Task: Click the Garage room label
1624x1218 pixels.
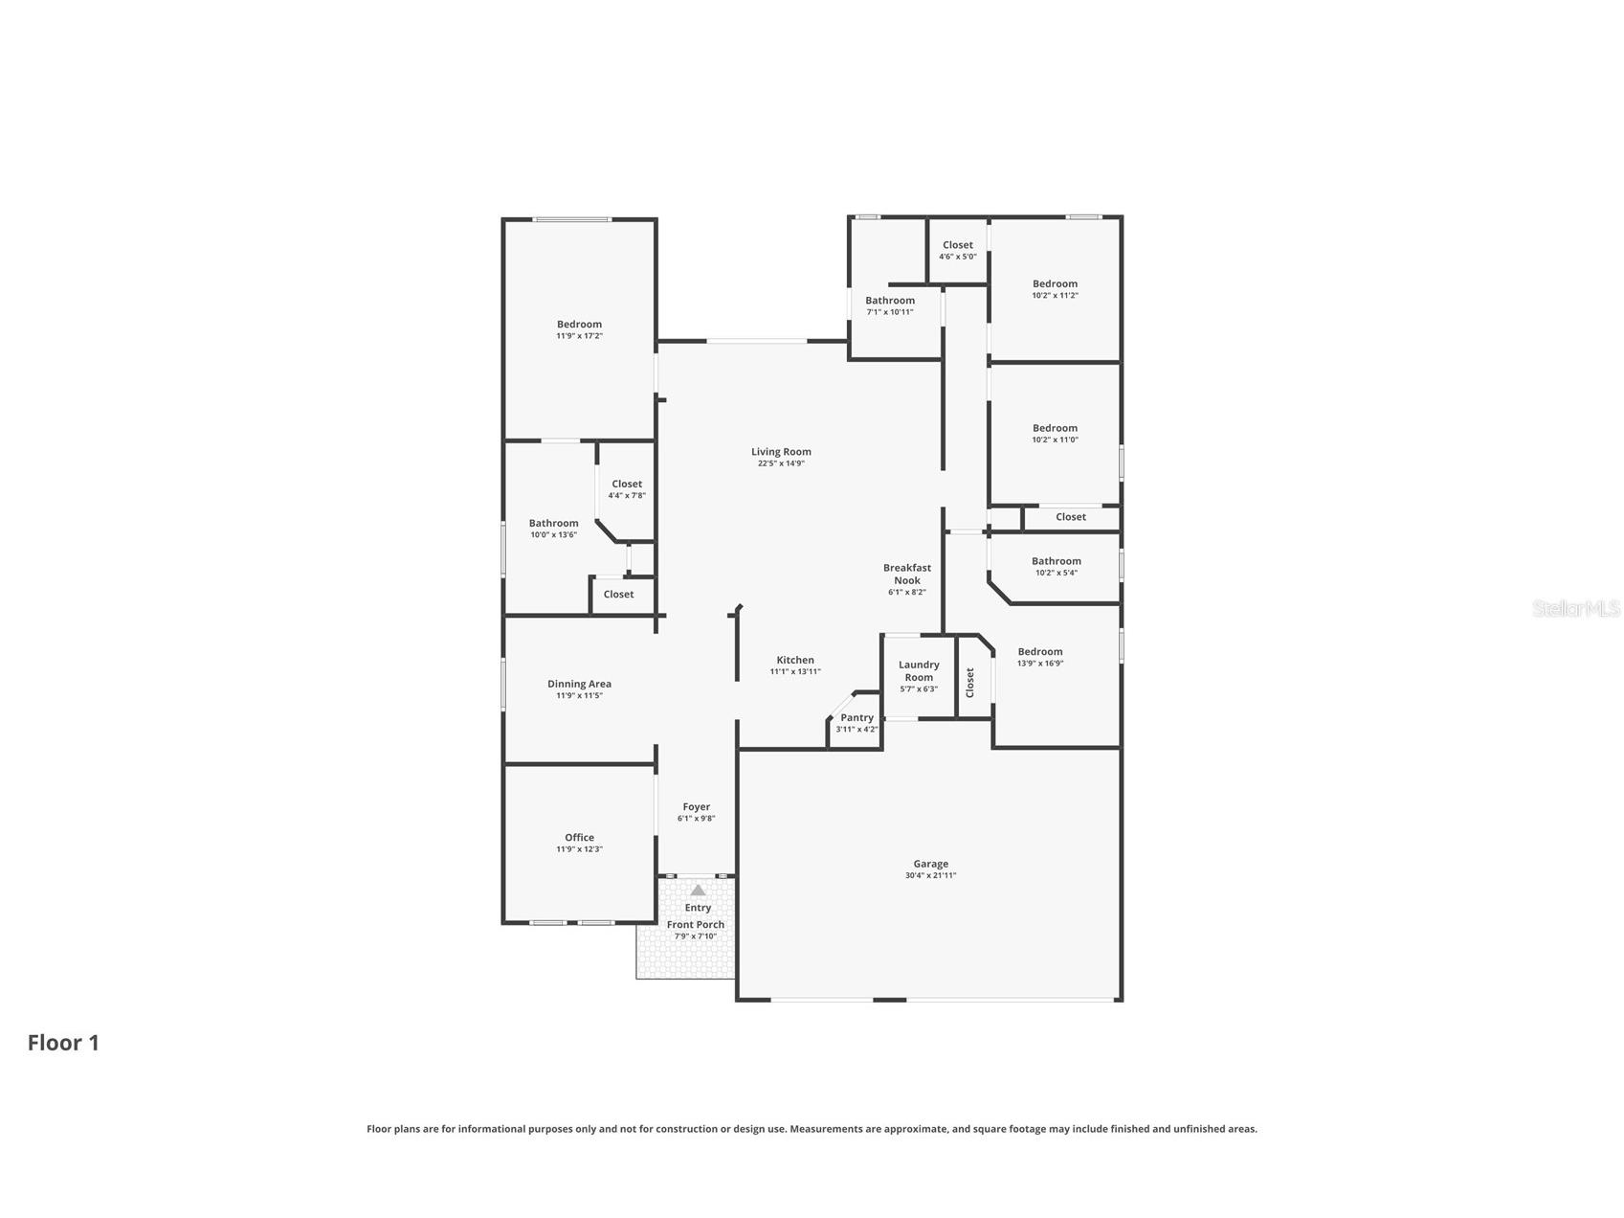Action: [930, 864]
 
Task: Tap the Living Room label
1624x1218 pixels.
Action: [781, 452]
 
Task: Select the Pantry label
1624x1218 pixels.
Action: [856, 718]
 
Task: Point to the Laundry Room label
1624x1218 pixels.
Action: [919, 671]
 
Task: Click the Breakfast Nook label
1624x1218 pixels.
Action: [907, 574]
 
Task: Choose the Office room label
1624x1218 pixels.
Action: [579, 838]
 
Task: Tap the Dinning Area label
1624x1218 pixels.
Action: [579, 684]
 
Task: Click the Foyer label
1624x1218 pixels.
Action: [696, 807]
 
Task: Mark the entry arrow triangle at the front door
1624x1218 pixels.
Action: [698, 891]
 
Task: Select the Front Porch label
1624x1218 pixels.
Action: [696, 925]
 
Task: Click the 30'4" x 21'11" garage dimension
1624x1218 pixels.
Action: [930, 876]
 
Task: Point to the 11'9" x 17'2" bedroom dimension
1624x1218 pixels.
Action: [579, 336]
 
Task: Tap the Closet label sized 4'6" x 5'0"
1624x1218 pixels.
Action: [957, 245]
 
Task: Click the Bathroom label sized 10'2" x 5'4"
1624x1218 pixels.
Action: [1056, 561]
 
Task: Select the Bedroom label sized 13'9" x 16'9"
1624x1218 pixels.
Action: [1040, 652]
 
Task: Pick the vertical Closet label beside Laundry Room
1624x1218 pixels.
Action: [969, 682]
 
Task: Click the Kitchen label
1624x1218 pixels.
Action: [794, 660]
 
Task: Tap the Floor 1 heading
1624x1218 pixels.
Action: [63, 1043]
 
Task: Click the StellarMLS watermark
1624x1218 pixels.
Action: [1576, 608]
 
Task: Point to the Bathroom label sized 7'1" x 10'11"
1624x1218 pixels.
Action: [890, 301]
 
